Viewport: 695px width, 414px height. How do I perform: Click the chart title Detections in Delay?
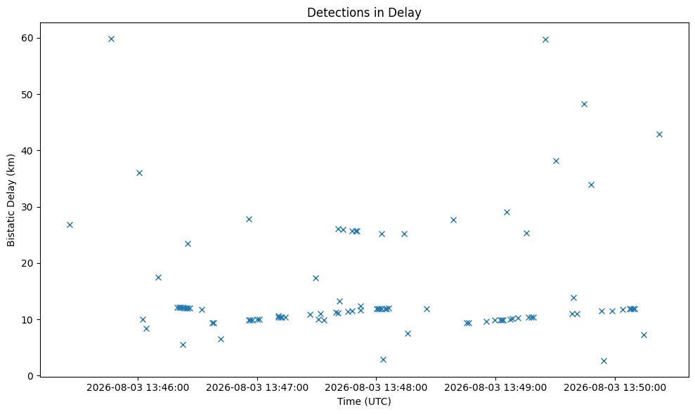pos(364,13)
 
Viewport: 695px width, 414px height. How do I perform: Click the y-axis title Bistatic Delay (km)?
pos(11,200)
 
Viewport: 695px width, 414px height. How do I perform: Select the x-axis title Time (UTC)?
pos(364,401)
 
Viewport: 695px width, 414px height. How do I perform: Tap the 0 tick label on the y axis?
pos(30,376)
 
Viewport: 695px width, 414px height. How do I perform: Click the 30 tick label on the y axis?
pos(27,207)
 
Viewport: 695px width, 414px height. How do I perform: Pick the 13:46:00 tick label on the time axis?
pos(138,388)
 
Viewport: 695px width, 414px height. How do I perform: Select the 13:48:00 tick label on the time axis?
pos(376,388)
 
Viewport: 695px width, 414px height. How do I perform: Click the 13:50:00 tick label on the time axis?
pos(615,388)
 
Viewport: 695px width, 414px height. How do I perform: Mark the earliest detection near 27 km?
pos(70,225)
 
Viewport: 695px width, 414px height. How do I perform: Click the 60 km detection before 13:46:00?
pos(111,39)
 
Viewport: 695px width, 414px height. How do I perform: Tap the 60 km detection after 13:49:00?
pos(545,39)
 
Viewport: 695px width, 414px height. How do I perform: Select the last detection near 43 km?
pos(659,135)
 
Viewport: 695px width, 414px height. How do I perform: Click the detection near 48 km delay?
pos(584,105)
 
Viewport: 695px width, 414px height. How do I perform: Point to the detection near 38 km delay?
pos(557,161)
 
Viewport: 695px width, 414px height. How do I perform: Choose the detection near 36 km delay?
pos(139,173)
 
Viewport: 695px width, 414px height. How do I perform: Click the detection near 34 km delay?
pos(591,185)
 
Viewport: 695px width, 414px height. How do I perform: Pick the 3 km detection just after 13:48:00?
pos(384,359)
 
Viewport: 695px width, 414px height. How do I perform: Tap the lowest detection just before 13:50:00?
pos(604,361)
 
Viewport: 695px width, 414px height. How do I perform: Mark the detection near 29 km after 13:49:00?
pos(507,213)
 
